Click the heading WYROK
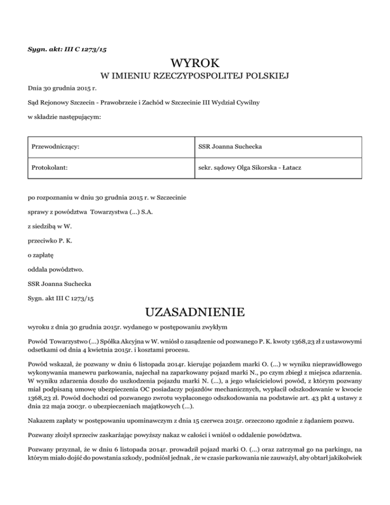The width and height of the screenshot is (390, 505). (195, 64)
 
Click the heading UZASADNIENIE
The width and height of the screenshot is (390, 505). (195, 310)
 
